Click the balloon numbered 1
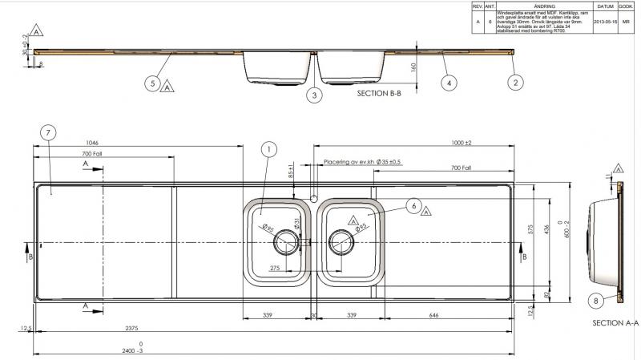tap(269, 148)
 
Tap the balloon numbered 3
tap(315, 95)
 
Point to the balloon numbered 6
tap(413, 206)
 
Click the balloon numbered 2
tap(516, 82)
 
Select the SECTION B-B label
tap(385, 93)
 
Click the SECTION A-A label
tap(615, 323)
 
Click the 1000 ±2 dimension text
tap(461, 142)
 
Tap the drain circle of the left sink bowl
tap(285, 241)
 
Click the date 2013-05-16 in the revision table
tap(604, 22)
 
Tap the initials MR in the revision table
tap(627, 22)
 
